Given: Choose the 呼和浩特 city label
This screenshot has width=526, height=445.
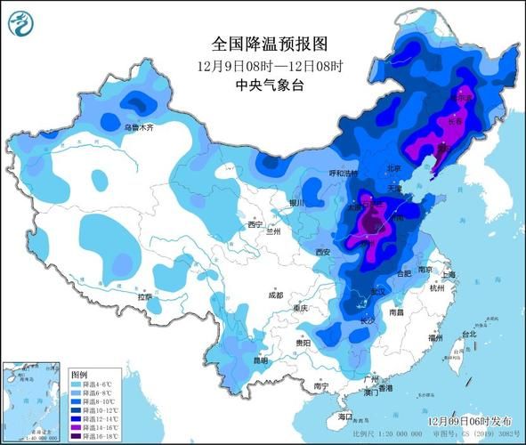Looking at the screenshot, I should coord(318,173).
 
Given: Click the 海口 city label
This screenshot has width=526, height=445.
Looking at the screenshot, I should coord(345,416).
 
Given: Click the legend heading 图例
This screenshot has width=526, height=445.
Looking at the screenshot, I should coord(79,375).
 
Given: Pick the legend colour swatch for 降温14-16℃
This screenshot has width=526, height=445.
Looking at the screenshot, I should coord(77,427).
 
